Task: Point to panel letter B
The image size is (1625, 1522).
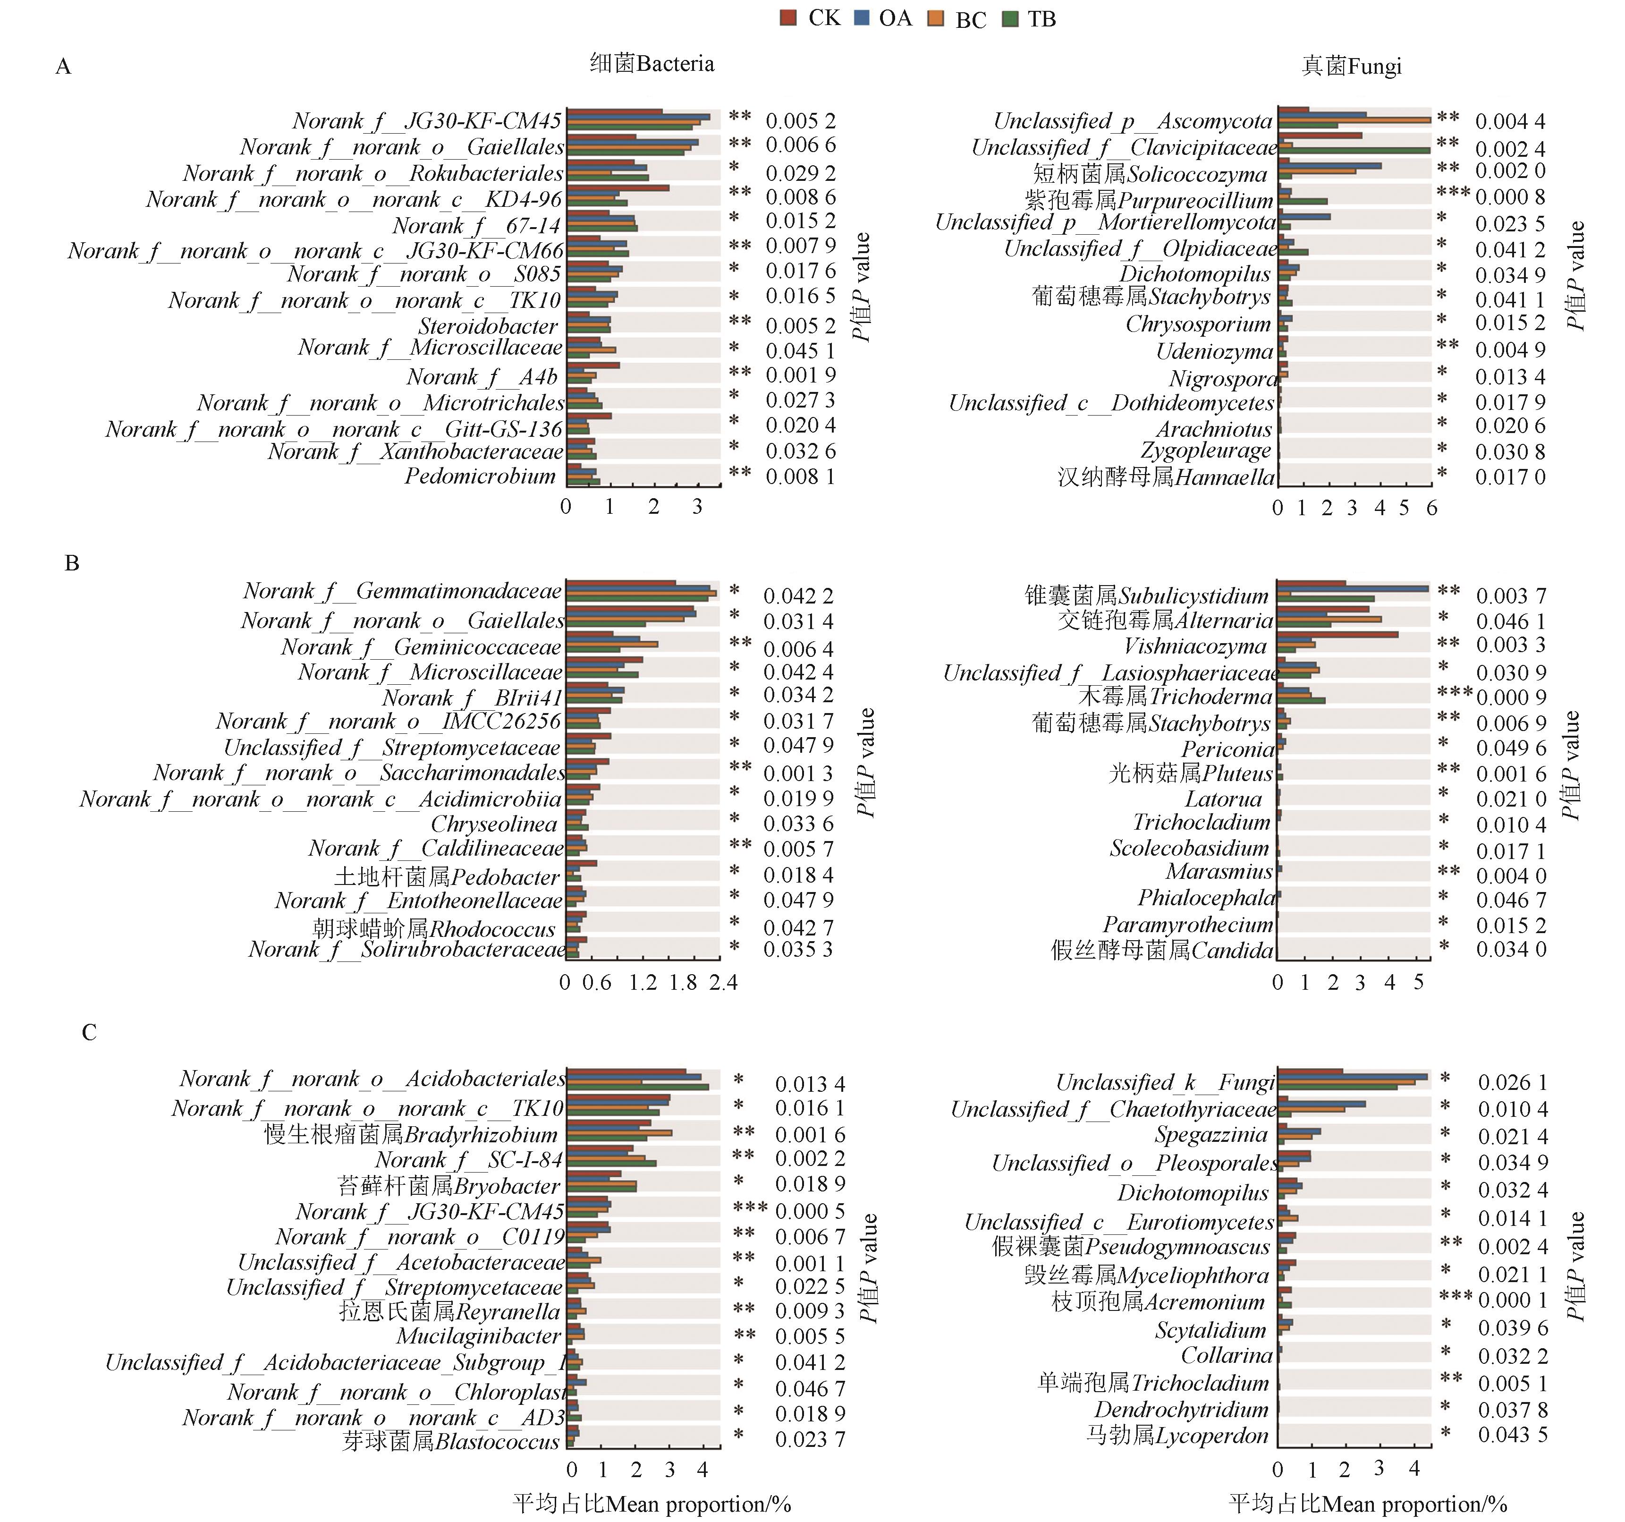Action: click(x=72, y=563)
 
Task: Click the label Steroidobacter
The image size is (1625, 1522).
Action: click(x=488, y=326)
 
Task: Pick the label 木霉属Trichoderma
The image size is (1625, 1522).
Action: click(x=1176, y=697)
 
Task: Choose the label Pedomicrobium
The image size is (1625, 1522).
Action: click(x=480, y=476)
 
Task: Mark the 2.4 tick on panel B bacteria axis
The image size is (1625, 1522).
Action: click(x=723, y=982)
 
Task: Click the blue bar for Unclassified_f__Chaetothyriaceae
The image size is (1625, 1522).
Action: click(x=1321, y=1104)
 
